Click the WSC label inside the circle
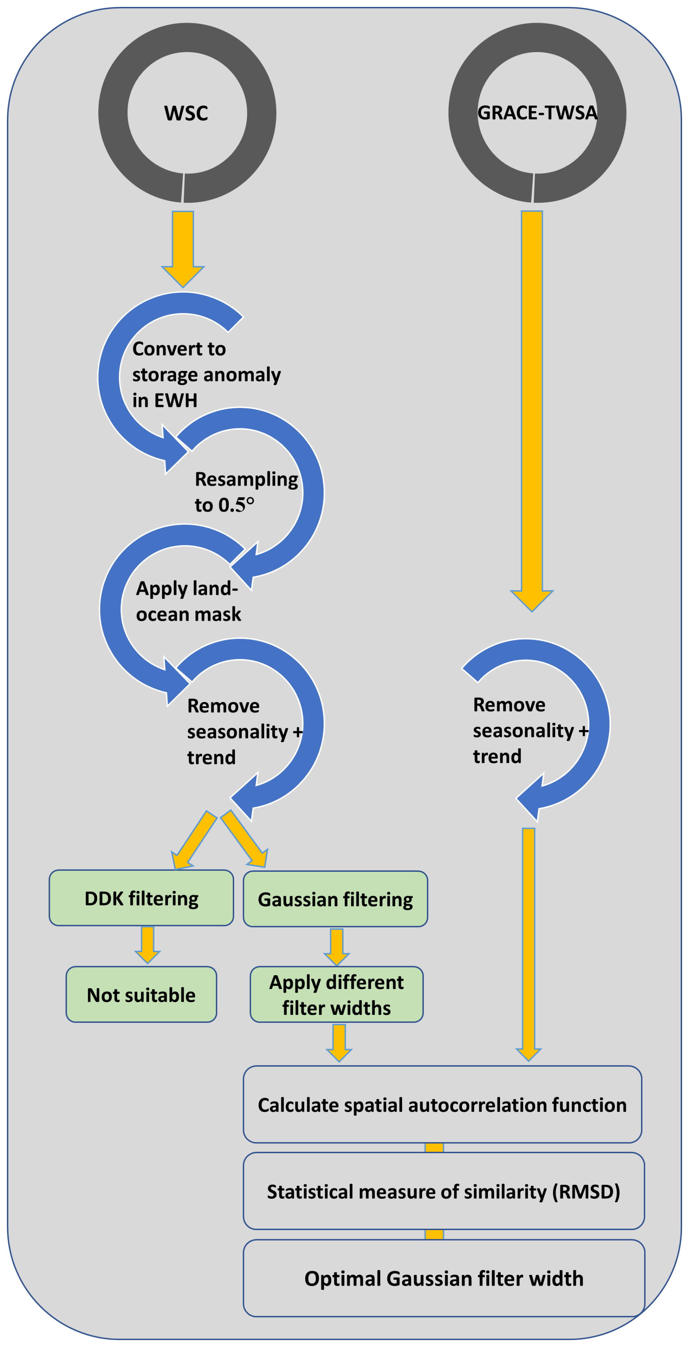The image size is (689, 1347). tap(186, 113)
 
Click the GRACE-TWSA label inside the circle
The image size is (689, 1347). tap(537, 113)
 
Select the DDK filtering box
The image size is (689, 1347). tap(141, 898)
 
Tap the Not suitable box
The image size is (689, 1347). tap(141, 995)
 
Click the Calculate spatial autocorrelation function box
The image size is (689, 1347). tap(442, 1105)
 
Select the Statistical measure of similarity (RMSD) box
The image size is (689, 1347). tap(443, 1192)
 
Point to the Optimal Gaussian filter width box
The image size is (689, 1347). tap(443, 1279)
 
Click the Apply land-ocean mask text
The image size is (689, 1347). tap(188, 601)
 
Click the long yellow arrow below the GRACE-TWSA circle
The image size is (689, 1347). tap(532, 408)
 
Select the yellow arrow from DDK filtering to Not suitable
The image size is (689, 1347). tap(147, 944)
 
